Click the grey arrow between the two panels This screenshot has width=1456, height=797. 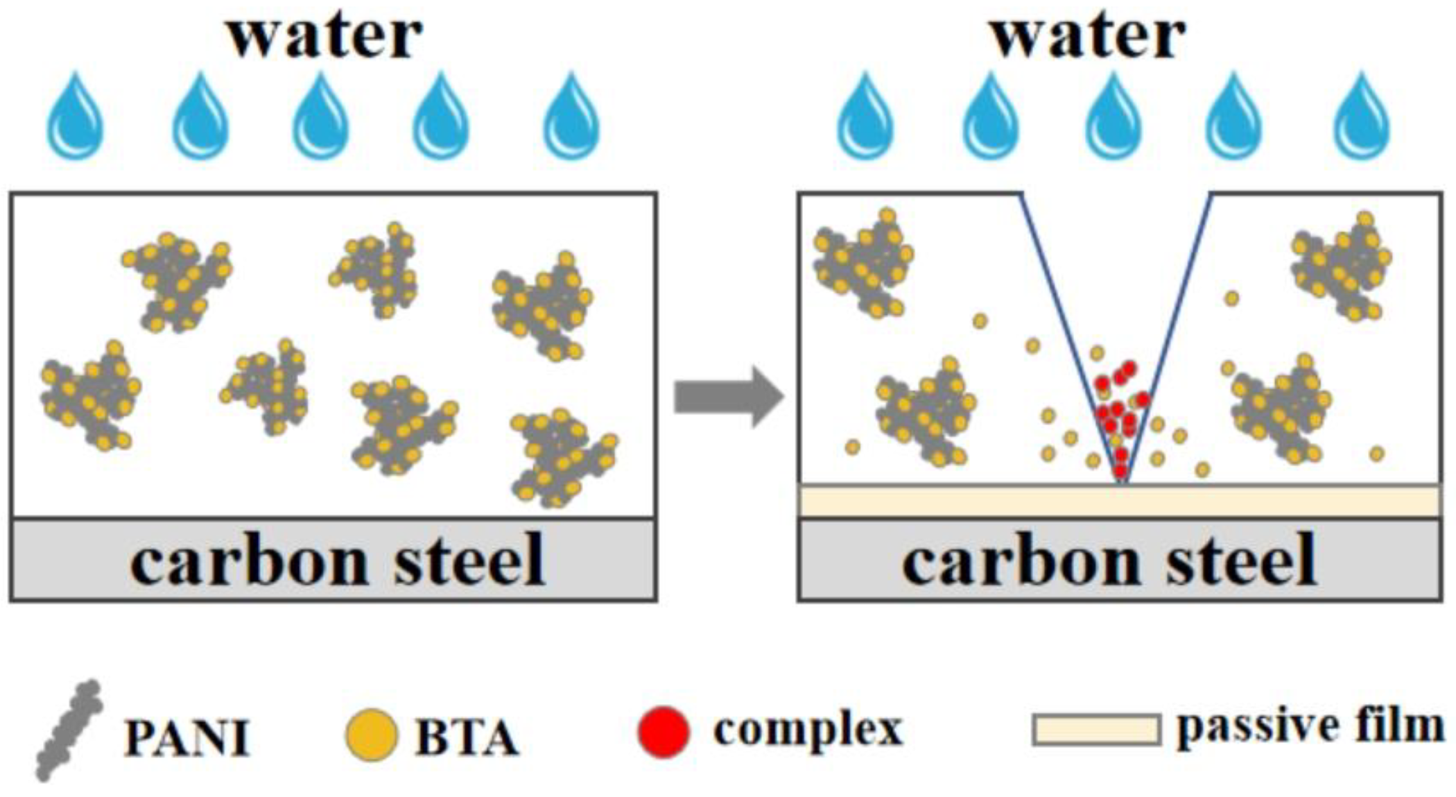[x=728, y=397]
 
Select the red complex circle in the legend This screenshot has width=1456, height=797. [x=664, y=732]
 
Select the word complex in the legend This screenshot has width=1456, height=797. [x=808, y=730]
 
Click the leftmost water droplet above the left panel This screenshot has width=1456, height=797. [x=76, y=119]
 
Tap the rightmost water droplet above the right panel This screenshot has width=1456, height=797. [x=1361, y=119]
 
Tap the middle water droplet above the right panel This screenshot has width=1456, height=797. [x=1113, y=119]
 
